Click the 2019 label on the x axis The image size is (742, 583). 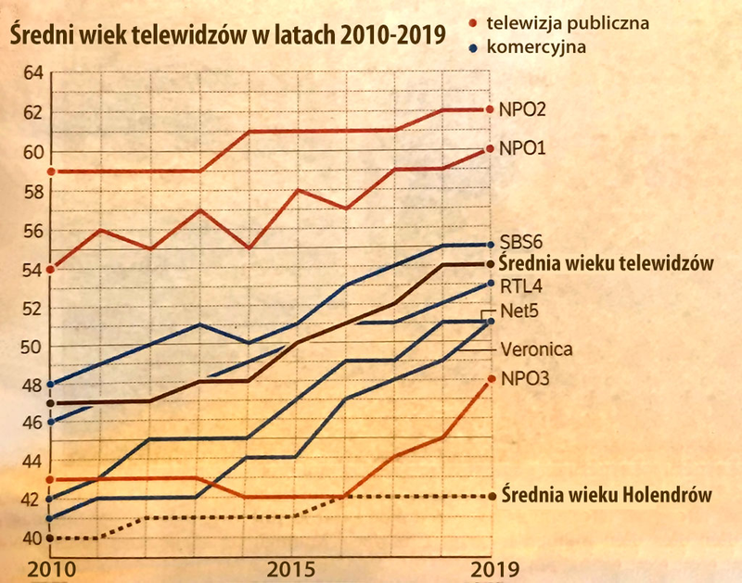click(x=488, y=567)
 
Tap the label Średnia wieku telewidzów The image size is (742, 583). click(x=606, y=263)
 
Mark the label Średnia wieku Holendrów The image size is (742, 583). click(x=606, y=495)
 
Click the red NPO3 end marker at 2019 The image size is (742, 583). click(x=490, y=379)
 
